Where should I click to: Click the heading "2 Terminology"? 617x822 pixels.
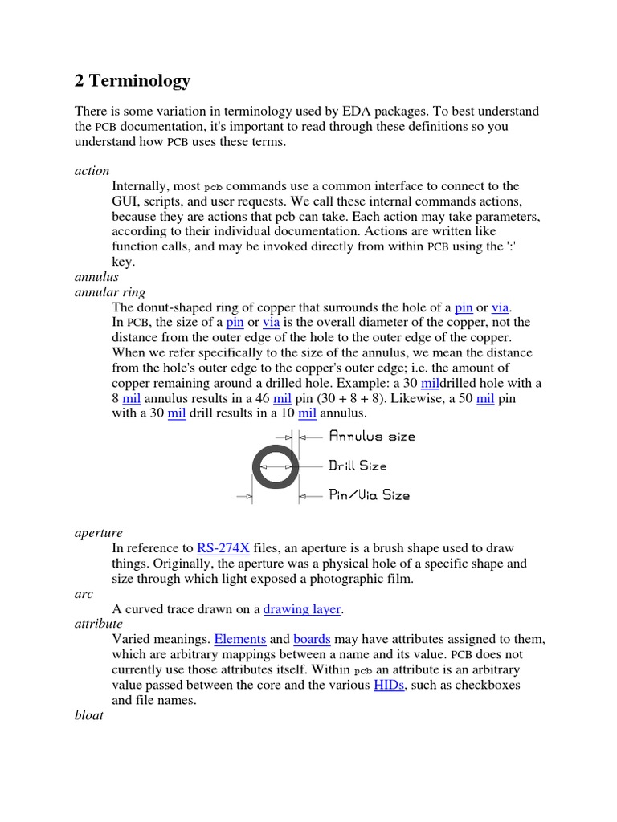click(x=133, y=80)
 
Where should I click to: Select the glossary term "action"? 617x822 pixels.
click(x=92, y=171)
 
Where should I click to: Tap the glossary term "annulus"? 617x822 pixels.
click(x=96, y=277)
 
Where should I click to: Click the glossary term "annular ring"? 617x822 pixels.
click(x=110, y=292)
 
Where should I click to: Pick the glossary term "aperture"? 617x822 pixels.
click(x=98, y=533)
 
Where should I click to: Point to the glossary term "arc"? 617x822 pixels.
click(x=84, y=594)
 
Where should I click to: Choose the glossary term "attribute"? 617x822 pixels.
click(x=98, y=624)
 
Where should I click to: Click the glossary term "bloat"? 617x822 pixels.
click(x=88, y=715)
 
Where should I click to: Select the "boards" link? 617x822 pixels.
click(x=312, y=640)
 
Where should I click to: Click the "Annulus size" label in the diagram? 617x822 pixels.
click(x=373, y=437)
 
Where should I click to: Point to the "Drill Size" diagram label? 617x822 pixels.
click(x=358, y=466)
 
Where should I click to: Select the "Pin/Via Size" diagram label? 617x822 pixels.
click(x=370, y=495)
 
